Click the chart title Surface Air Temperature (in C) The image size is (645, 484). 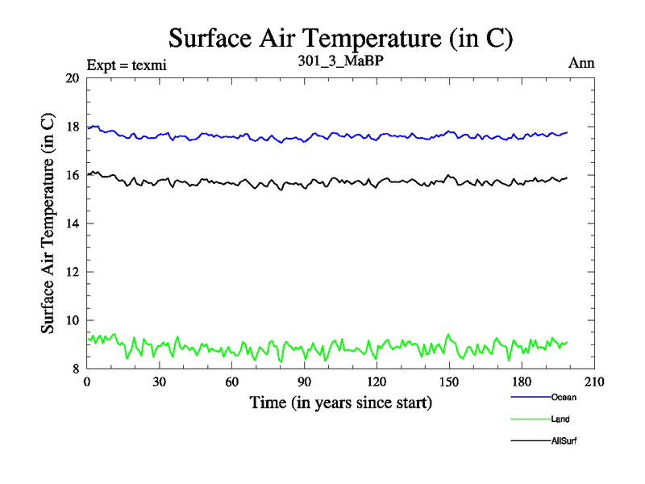coord(340,38)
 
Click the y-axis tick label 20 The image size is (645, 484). coord(72,78)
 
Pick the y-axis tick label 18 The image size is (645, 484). coord(72,127)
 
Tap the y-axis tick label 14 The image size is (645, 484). coord(72,223)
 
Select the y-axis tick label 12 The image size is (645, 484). coord(72,272)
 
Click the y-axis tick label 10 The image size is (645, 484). coord(72,320)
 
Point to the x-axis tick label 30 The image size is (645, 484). coord(159,382)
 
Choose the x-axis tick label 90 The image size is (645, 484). coord(304,382)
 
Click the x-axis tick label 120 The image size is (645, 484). coord(377,382)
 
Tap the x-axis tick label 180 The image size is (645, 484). coord(522,382)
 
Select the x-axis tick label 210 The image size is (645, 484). coord(594,382)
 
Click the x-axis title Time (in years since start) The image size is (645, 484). coord(340,402)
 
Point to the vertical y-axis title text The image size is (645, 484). coord(48,223)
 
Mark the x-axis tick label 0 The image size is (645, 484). coord(87,382)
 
